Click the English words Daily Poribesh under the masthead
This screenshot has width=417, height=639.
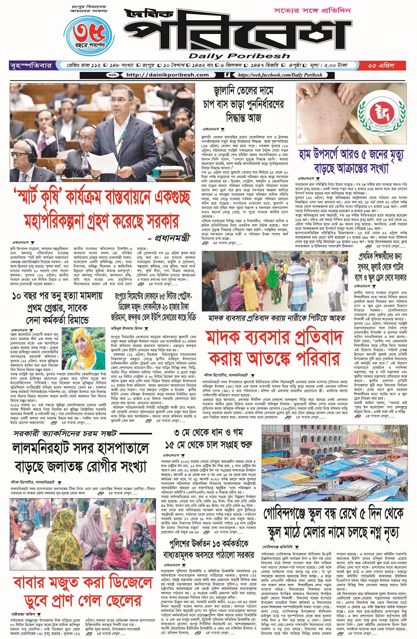(x=239, y=56)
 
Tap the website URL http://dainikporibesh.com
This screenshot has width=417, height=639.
(x=167, y=75)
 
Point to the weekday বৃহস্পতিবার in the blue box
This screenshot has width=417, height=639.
(x=31, y=66)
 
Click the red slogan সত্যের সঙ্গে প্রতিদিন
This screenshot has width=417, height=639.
(x=312, y=10)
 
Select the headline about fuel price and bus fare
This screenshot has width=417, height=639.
(x=243, y=104)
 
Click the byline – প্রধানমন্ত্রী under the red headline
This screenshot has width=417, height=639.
(x=169, y=238)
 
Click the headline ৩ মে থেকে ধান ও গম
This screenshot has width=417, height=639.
(x=208, y=438)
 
